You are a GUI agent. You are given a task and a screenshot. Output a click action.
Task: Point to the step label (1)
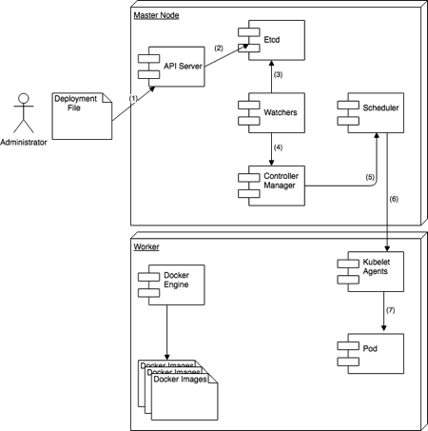pos(133,96)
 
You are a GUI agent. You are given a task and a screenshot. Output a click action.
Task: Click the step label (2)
pos(218,48)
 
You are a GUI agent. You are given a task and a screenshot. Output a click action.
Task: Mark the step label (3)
pos(279,74)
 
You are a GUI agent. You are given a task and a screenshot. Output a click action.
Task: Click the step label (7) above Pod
pos(390,310)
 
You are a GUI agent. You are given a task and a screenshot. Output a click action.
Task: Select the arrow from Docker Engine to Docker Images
pos(168,331)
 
